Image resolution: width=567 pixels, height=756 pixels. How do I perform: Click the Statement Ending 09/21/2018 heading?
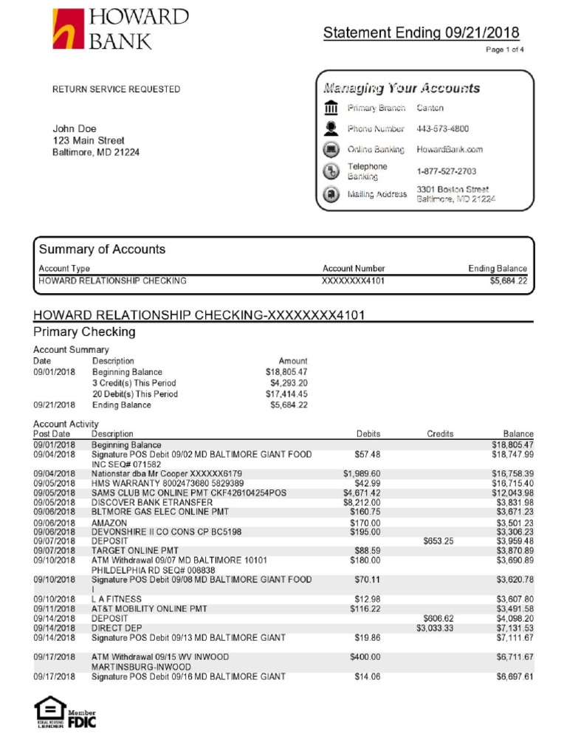pyautogui.click(x=421, y=33)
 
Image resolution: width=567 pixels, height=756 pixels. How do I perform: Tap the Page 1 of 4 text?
pyautogui.click(x=504, y=50)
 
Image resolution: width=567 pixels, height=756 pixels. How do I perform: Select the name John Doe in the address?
pyautogui.click(x=75, y=128)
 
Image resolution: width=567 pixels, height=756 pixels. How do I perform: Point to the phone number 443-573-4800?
pyautogui.click(x=443, y=128)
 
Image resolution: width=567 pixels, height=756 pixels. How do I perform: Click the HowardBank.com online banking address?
pyautogui.click(x=450, y=149)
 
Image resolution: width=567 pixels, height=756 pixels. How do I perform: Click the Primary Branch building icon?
pyautogui.click(x=331, y=109)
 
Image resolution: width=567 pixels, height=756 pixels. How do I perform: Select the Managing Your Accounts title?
pyautogui.click(x=402, y=89)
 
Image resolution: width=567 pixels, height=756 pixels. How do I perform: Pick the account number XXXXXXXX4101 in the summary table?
pyautogui.click(x=354, y=281)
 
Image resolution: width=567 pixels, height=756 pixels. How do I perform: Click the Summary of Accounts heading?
pyautogui.click(x=102, y=250)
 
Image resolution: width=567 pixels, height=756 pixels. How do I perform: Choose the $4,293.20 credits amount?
pyautogui.click(x=289, y=383)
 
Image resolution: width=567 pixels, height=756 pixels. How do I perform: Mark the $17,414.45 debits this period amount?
pyautogui.click(x=286, y=394)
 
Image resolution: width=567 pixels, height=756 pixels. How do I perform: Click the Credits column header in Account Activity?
pyautogui.click(x=439, y=434)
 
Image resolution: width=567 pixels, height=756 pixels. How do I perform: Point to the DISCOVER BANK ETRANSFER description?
pyautogui.click(x=142, y=502)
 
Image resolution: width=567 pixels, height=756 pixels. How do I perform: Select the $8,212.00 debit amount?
pyautogui.click(x=361, y=502)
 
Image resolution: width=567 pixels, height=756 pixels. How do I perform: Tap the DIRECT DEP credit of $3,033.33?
pyautogui.click(x=434, y=628)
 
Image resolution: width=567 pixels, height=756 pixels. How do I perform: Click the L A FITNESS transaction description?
pyautogui.click(x=117, y=599)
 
